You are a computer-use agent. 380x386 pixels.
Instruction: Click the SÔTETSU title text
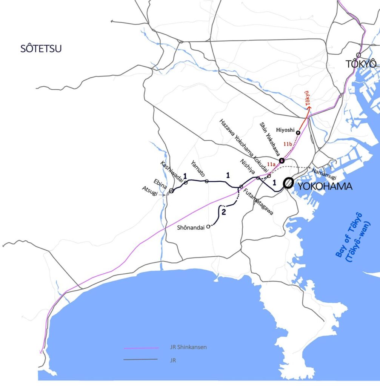pyautogui.click(x=41, y=48)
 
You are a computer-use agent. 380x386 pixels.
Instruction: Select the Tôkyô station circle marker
pyautogui.click(x=358, y=55)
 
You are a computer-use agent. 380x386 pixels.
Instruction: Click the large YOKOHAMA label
pyautogui.click(x=325, y=186)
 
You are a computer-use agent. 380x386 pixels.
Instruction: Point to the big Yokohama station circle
pyautogui.click(x=288, y=183)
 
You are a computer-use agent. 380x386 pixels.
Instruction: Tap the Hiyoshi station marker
pyautogui.click(x=298, y=133)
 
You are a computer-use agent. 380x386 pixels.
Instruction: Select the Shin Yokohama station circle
pyautogui.click(x=282, y=161)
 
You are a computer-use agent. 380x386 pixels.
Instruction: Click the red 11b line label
pyautogui.click(x=288, y=144)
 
